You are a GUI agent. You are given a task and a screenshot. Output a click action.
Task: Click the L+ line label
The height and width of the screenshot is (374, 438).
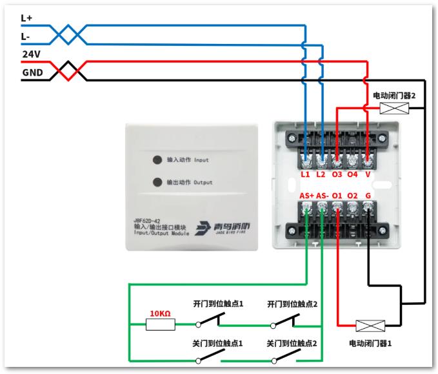coord(26,18)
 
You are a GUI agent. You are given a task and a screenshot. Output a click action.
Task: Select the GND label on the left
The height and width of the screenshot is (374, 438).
coord(32,72)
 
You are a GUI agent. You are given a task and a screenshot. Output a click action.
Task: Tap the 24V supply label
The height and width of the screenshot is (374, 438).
coord(31,54)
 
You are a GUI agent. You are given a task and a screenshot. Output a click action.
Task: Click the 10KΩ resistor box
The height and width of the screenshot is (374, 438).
coord(161,325)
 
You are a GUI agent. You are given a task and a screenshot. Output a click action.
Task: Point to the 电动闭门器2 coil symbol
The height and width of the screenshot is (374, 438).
coord(394,109)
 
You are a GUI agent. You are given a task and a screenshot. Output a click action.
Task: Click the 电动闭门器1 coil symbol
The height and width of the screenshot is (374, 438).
coord(370,326)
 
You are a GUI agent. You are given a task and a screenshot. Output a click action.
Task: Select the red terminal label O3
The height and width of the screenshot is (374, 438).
coord(337,174)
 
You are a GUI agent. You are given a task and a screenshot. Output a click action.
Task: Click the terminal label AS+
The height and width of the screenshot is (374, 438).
coord(306,196)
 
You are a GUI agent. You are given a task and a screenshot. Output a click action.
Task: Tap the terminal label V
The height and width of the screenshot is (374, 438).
coord(368,174)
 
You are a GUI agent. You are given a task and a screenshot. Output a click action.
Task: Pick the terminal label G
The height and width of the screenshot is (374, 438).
coord(368,196)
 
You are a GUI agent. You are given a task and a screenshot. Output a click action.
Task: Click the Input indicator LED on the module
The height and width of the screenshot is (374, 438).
coord(157,160)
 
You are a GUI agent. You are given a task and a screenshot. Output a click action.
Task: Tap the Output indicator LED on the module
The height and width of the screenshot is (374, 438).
coord(157,182)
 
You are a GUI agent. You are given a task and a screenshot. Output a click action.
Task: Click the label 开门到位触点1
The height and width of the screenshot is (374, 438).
coord(218,304)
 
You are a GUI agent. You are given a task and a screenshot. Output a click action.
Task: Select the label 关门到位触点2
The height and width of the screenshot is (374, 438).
coord(292,343)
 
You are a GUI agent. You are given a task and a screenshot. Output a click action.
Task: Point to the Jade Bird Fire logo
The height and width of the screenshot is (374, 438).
coord(223,228)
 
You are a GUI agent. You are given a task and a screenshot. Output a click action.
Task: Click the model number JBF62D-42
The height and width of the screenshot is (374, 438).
coord(147,221)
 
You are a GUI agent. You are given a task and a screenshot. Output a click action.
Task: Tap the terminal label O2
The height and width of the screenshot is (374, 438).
coord(352,196)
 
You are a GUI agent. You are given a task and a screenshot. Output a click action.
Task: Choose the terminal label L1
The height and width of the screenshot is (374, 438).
coord(305,174)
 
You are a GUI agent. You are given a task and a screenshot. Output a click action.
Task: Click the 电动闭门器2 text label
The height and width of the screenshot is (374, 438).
coord(394,96)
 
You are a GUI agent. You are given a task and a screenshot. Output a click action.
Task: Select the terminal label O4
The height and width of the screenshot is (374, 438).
coord(352,174)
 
